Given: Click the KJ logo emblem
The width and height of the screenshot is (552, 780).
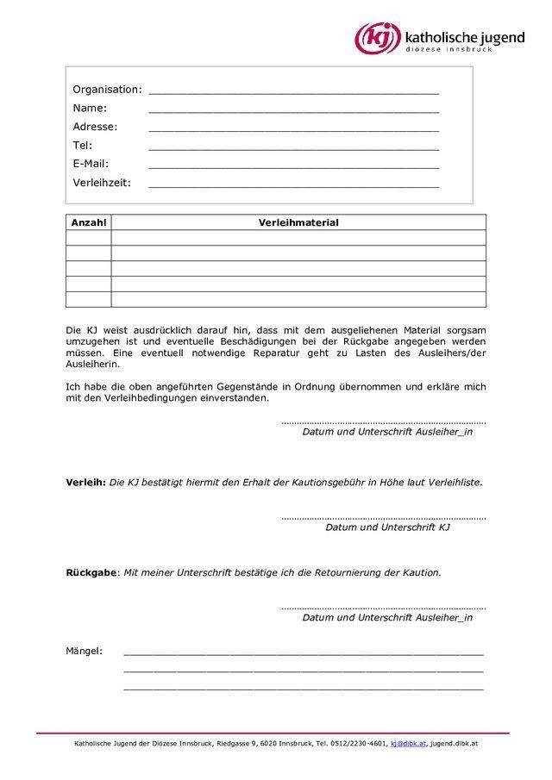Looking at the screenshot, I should click(x=379, y=39).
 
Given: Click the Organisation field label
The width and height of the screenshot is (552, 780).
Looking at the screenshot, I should click(x=106, y=90).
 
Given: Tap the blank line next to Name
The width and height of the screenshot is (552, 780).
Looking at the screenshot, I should click(x=293, y=109).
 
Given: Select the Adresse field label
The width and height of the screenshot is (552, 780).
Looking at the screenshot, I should click(x=95, y=127).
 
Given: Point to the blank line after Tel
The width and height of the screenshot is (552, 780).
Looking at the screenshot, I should click(x=293, y=146).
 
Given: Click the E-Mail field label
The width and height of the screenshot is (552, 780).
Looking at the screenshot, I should click(x=91, y=164).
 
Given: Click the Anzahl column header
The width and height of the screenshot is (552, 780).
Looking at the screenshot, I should click(x=89, y=222).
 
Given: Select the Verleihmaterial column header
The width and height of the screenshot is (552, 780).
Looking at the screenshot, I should click(x=298, y=222).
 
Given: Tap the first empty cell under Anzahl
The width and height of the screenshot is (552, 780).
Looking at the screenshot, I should click(x=89, y=238).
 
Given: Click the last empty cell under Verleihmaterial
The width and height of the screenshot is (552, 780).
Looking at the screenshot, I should click(x=298, y=300).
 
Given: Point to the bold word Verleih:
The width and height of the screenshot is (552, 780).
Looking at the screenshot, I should click(x=86, y=483).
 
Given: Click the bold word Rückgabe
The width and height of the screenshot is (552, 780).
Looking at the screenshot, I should click(x=91, y=572).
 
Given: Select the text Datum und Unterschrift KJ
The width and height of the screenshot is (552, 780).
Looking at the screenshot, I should click(x=387, y=527).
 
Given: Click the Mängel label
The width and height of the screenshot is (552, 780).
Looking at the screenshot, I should click(x=85, y=649).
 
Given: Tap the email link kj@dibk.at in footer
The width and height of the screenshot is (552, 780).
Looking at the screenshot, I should click(x=408, y=742).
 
